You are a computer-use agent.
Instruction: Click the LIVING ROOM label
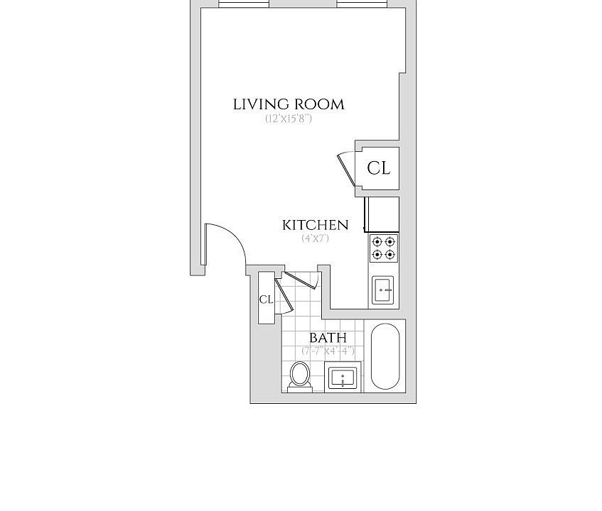point(289,104)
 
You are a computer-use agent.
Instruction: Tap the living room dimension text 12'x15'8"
point(289,119)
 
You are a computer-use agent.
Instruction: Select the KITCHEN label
point(315,225)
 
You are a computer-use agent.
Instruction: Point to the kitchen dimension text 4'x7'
point(315,238)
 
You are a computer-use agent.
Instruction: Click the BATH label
point(328,338)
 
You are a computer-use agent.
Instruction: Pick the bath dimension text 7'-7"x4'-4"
point(328,351)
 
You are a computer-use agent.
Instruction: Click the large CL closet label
point(379,168)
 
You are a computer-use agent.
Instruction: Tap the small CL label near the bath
point(266,300)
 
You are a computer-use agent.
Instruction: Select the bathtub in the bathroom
point(385,356)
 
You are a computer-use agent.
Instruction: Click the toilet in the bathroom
point(300,376)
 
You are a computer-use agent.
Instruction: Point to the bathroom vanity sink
point(343,378)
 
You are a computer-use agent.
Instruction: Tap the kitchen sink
point(383,290)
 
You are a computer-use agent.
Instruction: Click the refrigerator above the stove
point(382,214)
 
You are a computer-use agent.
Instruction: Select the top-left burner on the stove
point(377,241)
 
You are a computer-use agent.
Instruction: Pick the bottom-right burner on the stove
point(390,254)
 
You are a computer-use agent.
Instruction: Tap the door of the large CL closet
point(347,170)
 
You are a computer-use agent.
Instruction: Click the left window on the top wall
point(244,4)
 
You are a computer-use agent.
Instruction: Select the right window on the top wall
point(362,4)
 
